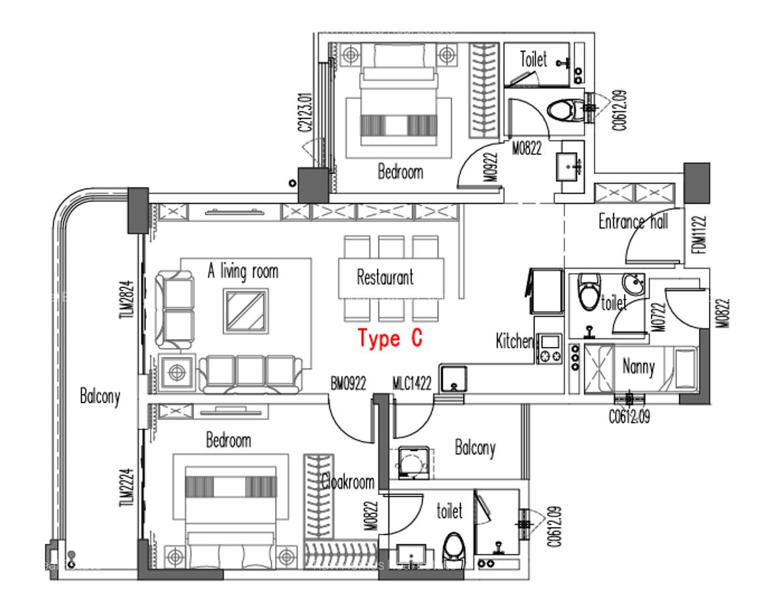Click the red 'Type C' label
click(x=390, y=339)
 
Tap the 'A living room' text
click(x=242, y=272)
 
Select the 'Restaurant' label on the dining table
click(x=384, y=277)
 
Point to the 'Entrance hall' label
click(x=633, y=222)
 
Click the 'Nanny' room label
click(x=638, y=367)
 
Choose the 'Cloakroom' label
click(x=347, y=482)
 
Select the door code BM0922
click(x=348, y=384)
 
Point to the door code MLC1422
click(x=412, y=384)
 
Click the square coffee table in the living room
click(x=246, y=310)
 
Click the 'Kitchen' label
click(x=514, y=341)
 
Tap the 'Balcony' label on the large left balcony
click(x=100, y=396)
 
